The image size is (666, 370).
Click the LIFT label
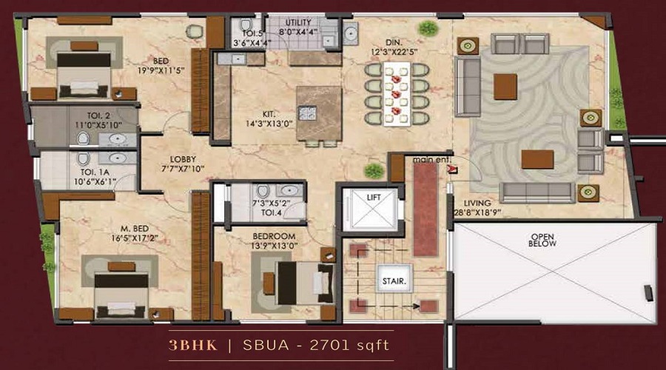coord(367,198)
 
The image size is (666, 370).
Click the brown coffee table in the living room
coord(537,159)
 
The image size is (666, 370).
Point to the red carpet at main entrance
coord(425,208)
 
